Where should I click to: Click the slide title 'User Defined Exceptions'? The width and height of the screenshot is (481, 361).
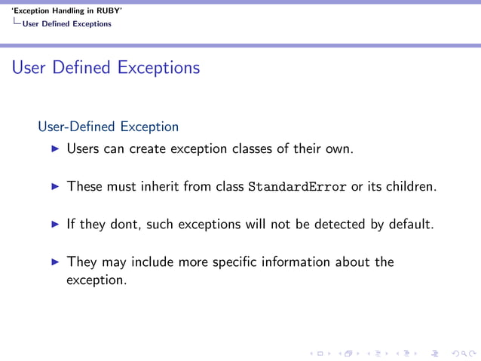pos(106,68)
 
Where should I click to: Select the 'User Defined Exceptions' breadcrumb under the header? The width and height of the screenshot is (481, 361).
pos(66,24)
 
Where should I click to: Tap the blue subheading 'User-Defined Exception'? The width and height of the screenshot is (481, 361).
pos(108,127)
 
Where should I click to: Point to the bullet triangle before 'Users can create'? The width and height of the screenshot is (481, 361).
pos(54,149)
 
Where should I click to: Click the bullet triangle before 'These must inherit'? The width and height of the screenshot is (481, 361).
pos(54,186)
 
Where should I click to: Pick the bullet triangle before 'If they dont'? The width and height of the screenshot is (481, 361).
pos(54,224)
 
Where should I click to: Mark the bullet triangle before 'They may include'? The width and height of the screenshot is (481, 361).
pos(54,262)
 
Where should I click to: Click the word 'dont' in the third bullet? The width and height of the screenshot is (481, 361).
pos(125,224)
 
